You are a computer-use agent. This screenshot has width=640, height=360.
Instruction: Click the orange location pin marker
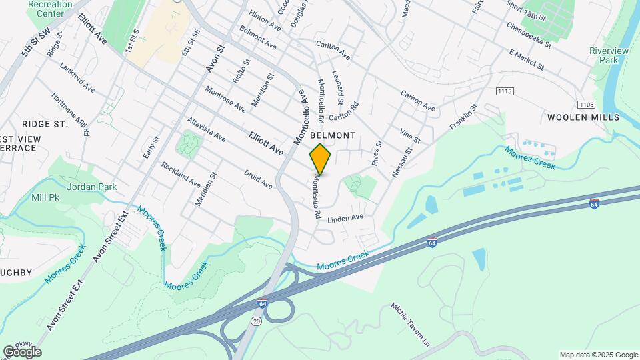coord(320,159)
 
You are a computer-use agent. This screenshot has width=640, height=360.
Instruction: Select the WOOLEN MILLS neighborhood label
coord(583,117)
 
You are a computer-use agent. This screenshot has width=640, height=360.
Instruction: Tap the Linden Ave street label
coord(346,218)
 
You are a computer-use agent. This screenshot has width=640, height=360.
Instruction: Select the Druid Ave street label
coord(258,178)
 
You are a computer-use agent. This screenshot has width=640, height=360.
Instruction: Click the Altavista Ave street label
coord(206,130)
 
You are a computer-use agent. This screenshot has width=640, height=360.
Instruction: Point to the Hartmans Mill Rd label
coord(71,113)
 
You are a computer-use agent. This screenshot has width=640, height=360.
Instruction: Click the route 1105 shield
coord(586,104)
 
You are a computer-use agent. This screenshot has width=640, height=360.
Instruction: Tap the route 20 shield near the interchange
coord(256,321)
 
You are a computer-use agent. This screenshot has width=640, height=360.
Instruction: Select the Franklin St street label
coord(464,117)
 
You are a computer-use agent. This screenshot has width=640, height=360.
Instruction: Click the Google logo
coord(22,352)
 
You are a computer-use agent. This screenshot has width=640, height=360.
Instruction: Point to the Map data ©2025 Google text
coord(598,355)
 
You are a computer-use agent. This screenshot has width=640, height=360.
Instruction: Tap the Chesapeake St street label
coord(529,37)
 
